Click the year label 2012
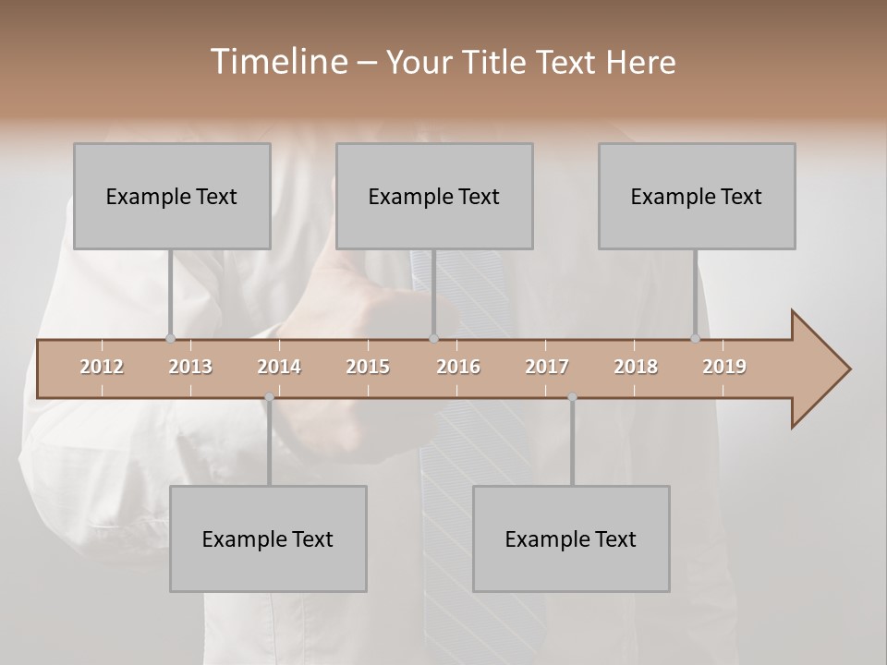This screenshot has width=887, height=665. coord(102,367)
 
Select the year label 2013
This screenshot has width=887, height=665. coord(190,367)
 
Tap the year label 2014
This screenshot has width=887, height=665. coord(279,367)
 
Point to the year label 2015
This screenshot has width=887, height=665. coord(368,367)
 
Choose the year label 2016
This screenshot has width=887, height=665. coord(458,367)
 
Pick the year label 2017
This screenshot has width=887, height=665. coord(547,367)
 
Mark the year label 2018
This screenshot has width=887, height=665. coord(636,367)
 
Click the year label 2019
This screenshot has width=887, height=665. coord(724,367)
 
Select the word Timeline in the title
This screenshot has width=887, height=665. coord(277,62)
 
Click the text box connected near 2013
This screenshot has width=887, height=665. coord(172,196)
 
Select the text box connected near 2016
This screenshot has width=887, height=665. coord(434,196)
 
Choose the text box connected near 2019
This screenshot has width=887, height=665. coord(697,196)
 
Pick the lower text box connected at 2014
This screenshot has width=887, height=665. coord(268,538)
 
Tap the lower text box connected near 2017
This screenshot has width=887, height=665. coord(571,538)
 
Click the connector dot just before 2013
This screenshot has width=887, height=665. coord(170,339)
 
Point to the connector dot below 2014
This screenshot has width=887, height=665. coord(269,397)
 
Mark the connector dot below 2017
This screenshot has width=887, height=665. coord(572,397)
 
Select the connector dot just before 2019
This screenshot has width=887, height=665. coord(696,339)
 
